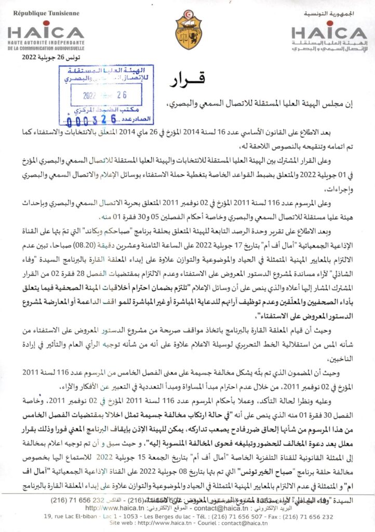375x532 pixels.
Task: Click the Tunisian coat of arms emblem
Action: pyautogui.click(x=188, y=29)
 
